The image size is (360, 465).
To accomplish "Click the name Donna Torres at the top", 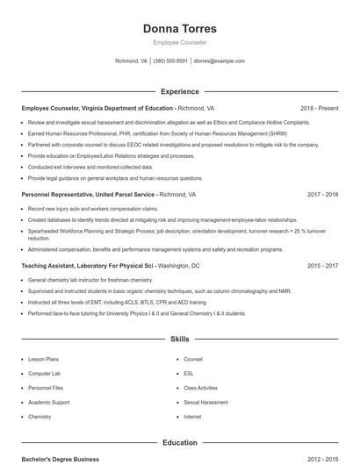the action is (179, 29).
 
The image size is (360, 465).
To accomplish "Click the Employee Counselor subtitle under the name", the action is (179, 43).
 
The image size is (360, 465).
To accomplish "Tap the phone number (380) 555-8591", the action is (170, 61).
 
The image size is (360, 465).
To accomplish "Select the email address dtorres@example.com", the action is (219, 61).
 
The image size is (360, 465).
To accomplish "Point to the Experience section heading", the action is (179, 91).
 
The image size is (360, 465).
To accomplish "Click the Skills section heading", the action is (179, 338).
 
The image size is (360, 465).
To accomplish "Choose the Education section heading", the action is (179, 443).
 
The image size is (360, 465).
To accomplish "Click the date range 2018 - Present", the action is (319, 108).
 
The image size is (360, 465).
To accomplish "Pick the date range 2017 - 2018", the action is (323, 194).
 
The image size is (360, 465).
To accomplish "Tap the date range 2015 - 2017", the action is (323, 265).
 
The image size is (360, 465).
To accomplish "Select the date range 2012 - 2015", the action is (323, 459).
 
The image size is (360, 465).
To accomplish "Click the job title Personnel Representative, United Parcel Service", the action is (88, 194).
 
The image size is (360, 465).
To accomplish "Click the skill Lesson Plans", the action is (43, 359).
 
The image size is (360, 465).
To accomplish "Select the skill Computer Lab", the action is (43, 373).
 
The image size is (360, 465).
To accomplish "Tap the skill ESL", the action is (189, 373).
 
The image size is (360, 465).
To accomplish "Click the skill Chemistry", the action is (40, 417).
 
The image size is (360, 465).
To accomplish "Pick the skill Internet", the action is (192, 417).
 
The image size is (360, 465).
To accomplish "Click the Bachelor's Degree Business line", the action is (61, 459).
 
